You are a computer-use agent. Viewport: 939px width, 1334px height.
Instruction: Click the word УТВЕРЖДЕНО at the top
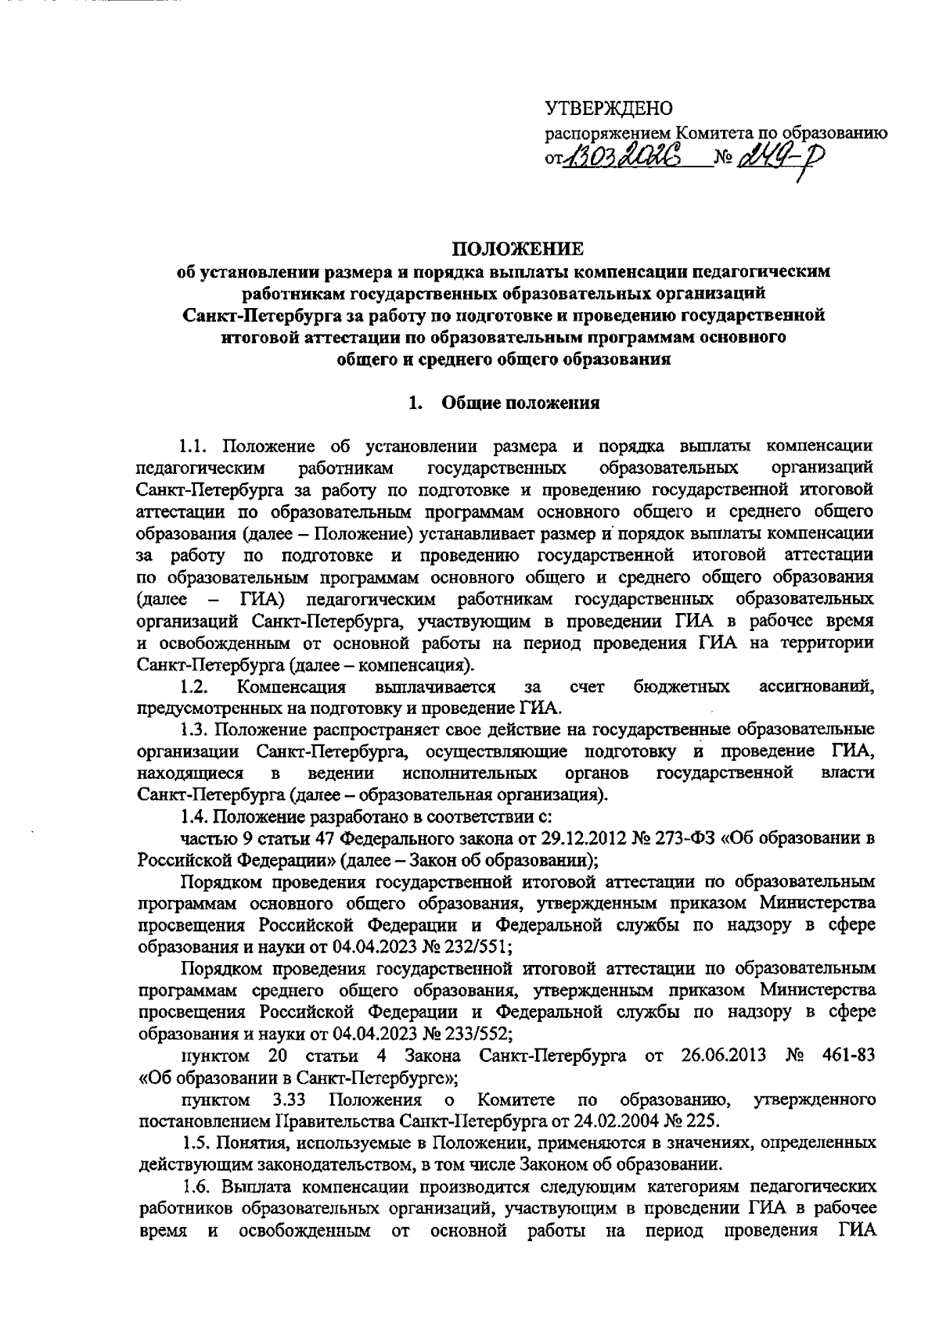608,108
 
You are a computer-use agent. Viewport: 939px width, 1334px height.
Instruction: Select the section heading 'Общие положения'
521,403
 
